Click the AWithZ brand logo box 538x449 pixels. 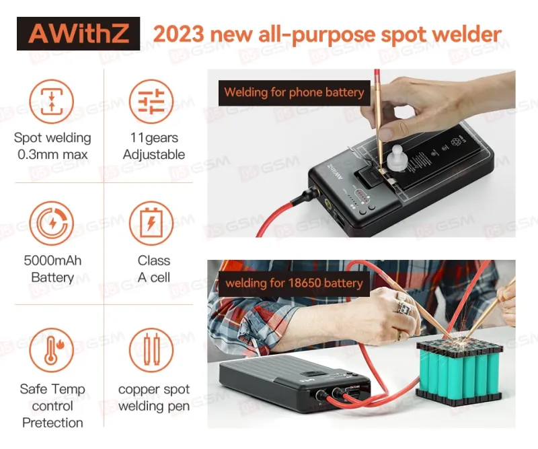[x=78, y=34]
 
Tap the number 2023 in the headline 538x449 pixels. [x=178, y=34]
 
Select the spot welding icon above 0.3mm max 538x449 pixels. [x=52, y=102]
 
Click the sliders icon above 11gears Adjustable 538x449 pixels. [x=151, y=102]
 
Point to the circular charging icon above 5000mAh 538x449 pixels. [x=52, y=223]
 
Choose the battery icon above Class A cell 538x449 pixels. [x=151, y=223]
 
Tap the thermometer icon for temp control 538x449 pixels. [x=52, y=350]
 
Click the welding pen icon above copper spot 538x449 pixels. [x=151, y=350]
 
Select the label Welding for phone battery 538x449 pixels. [x=294, y=93]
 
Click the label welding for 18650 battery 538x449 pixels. [x=294, y=283]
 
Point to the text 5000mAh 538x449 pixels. [x=52, y=261]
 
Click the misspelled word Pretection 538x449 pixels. [x=52, y=423]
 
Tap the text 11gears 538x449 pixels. [x=154, y=138]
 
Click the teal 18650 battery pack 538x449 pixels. [x=459, y=372]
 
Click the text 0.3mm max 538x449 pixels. [x=52, y=155]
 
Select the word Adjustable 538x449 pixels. [x=154, y=155]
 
